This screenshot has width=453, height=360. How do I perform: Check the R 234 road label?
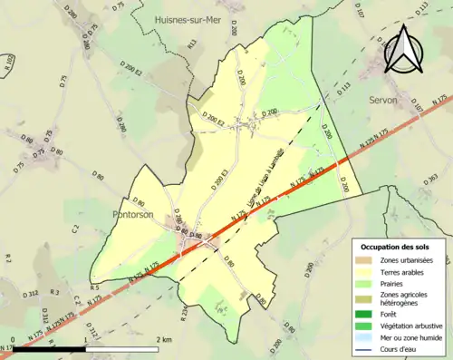[x=184, y=313]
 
